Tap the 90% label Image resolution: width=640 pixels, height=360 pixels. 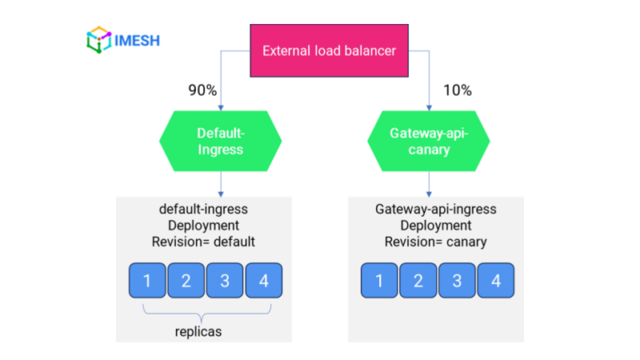tap(202, 90)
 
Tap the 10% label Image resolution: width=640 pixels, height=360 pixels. tap(457, 90)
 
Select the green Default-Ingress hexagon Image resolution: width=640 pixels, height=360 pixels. tap(220, 141)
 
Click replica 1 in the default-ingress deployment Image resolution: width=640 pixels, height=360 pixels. tap(147, 281)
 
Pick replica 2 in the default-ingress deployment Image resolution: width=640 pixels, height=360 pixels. tap(186, 281)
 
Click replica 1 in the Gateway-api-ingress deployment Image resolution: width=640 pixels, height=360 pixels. tap(379, 281)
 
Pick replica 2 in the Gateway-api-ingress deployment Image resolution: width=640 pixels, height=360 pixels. tap(418, 281)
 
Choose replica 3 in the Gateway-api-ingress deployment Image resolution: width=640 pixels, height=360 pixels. tap(456, 281)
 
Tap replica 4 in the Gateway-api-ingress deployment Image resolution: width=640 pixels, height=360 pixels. tap(494, 281)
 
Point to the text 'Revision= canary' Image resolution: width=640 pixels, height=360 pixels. tap(436, 242)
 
